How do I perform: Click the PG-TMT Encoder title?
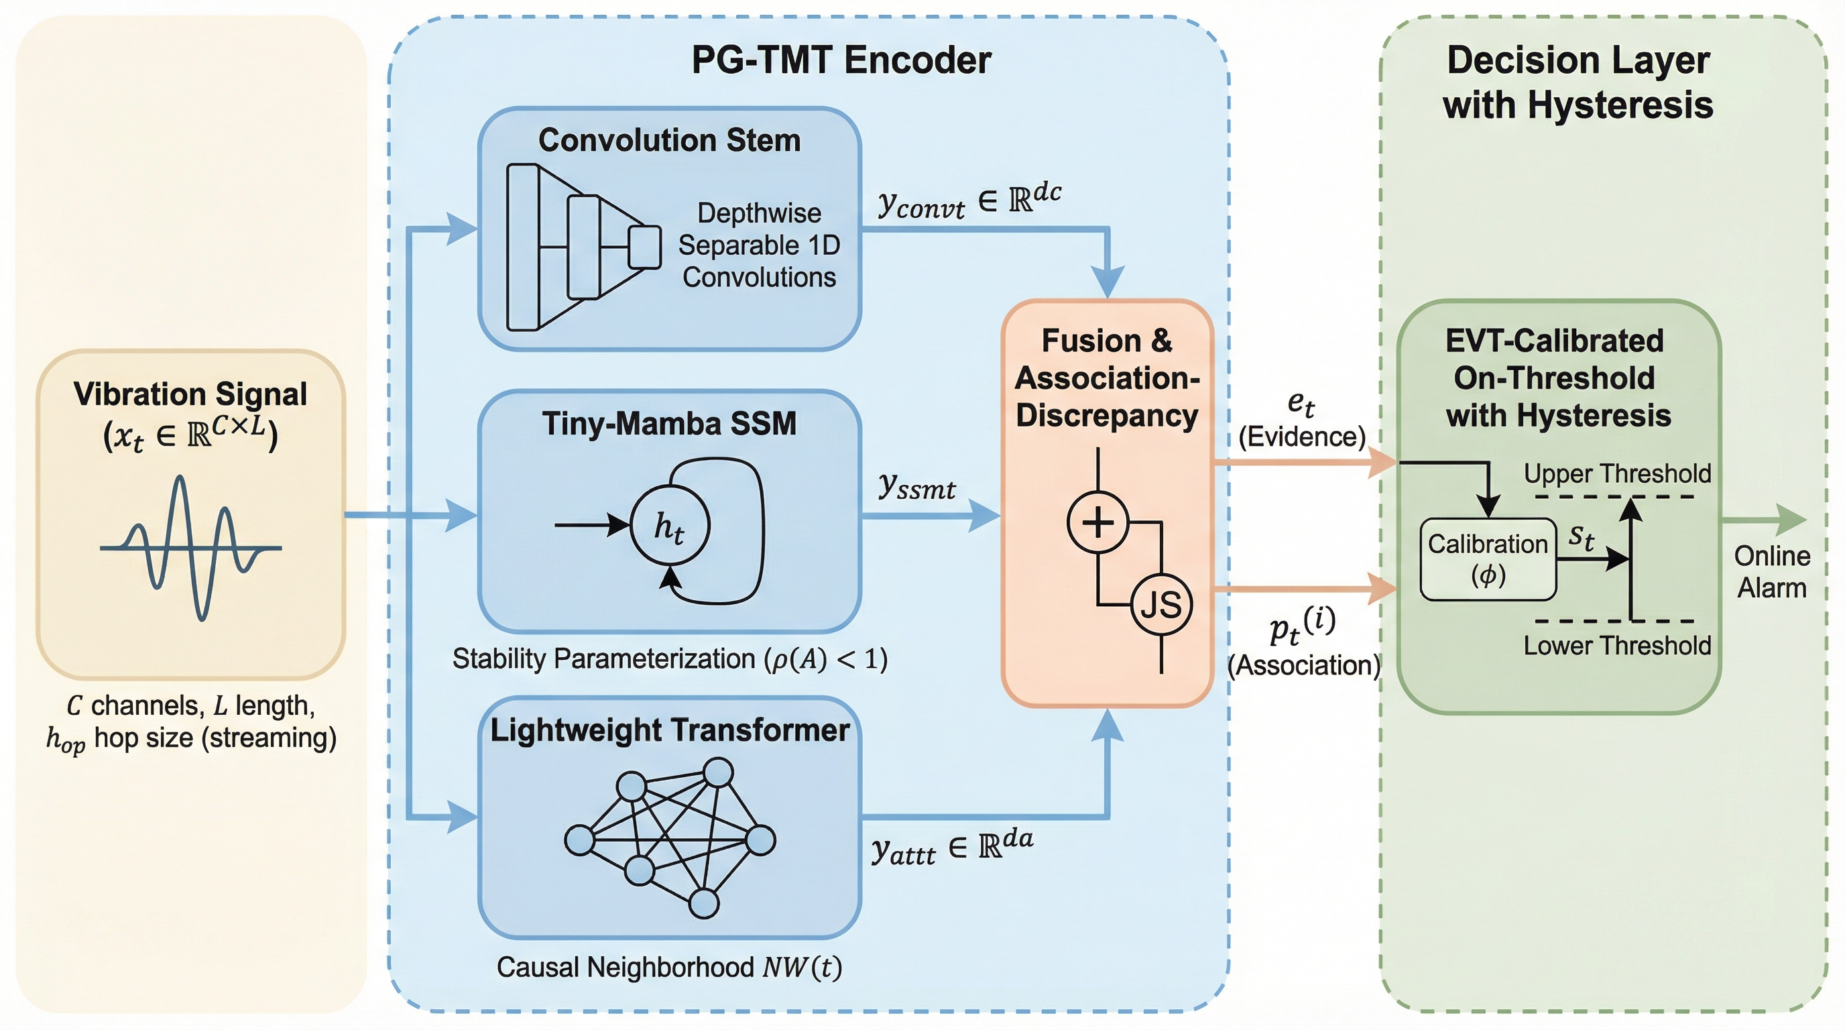pyautogui.click(x=841, y=60)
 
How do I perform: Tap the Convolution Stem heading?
pyautogui.click(x=669, y=140)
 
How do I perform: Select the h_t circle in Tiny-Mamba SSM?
pyautogui.click(x=670, y=526)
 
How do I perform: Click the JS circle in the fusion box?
pyautogui.click(x=1161, y=605)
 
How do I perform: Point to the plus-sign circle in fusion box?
pyautogui.click(x=1097, y=522)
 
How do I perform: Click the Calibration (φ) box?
pyautogui.click(x=1488, y=559)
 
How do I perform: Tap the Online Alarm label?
pyautogui.click(x=1771, y=571)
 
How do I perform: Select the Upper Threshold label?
pyautogui.click(x=1617, y=473)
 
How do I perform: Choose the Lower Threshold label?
pyautogui.click(x=1617, y=645)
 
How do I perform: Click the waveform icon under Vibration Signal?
pyautogui.click(x=190, y=548)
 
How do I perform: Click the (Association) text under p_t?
pyautogui.click(x=1303, y=665)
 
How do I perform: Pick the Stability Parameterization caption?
pyautogui.click(x=670, y=659)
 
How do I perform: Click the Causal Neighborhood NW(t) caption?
pyautogui.click(x=669, y=967)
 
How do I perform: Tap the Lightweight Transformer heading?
pyautogui.click(x=670, y=730)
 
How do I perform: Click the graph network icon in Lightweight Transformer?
pyautogui.click(x=670, y=838)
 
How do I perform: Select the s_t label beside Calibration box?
pyautogui.click(x=1582, y=537)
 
